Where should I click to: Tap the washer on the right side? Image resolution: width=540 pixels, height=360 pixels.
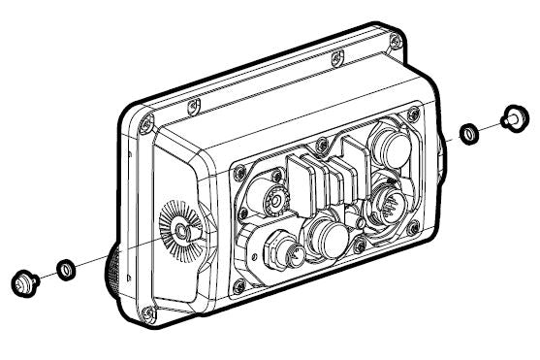[x=467, y=132]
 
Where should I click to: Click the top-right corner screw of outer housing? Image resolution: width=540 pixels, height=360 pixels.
[x=396, y=41]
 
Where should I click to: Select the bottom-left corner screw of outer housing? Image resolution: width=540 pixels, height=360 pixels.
[x=147, y=312]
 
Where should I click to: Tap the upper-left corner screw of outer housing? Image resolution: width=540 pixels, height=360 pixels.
[x=146, y=124]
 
